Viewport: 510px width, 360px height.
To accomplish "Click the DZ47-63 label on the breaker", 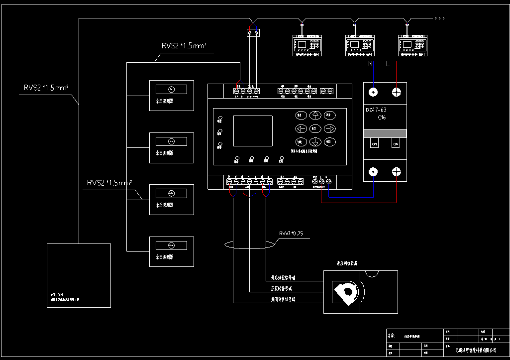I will (377, 110).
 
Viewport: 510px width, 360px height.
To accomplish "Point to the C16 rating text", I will (382, 118).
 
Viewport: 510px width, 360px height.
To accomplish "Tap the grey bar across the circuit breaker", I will (385, 133).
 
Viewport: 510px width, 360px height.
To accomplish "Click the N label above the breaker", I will (370, 64).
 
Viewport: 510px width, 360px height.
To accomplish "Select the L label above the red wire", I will (388, 64).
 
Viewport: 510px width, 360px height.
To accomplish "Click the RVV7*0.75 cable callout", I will (291, 233).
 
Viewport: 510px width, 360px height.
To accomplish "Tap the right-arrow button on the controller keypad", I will (329, 127).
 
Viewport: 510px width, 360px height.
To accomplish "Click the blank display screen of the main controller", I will (253, 131).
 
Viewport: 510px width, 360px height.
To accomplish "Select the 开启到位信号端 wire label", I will (283, 277).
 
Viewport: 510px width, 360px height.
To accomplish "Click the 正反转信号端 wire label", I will (281, 288).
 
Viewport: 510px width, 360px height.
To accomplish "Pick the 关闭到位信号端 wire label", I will (283, 299).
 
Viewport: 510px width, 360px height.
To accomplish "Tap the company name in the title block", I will (476, 351).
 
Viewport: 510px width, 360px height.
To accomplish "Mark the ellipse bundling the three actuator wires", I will (250, 244).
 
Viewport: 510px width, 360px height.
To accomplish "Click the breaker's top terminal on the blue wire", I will (373, 92).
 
